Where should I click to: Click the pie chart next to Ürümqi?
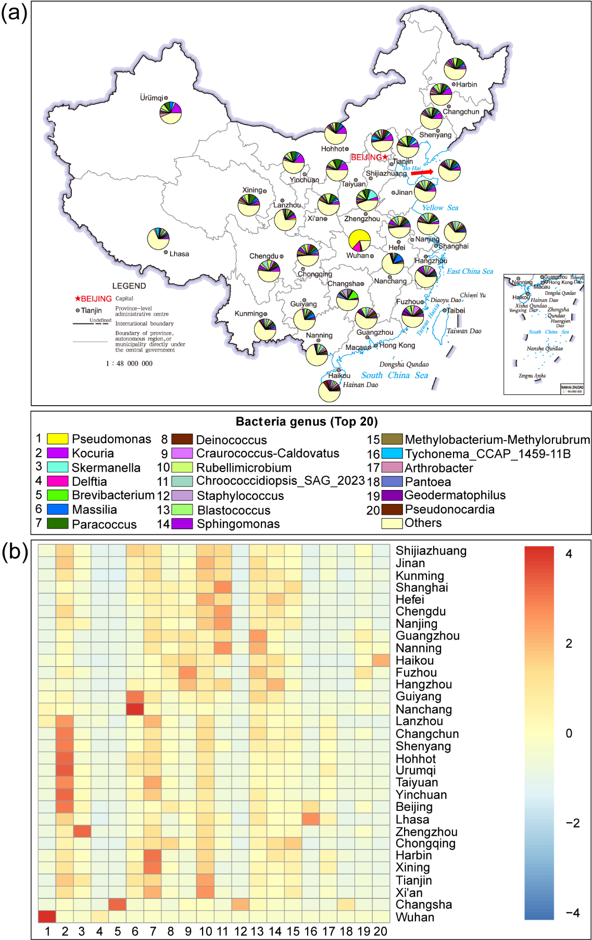(x=170, y=112)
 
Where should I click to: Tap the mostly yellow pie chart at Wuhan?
(x=359, y=241)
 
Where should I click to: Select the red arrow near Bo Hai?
(x=422, y=172)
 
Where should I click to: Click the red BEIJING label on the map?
(x=366, y=157)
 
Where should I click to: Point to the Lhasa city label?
(x=179, y=254)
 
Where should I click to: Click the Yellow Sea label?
(x=440, y=207)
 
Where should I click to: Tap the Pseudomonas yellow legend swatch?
(x=57, y=439)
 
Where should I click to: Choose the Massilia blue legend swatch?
(x=57, y=509)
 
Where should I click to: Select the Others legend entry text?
(x=423, y=523)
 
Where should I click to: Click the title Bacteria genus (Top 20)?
(x=307, y=421)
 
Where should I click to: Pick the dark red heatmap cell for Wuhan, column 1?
(x=47, y=917)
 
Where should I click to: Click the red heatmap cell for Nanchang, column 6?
(x=135, y=709)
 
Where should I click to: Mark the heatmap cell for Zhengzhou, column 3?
(x=82, y=831)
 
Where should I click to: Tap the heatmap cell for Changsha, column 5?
(x=117, y=905)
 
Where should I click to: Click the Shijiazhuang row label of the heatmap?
(x=431, y=551)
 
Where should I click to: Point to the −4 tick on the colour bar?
(x=572, y=913)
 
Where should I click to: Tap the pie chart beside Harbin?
(x=455, y=69)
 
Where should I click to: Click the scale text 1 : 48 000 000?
(x=129, y=364)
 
